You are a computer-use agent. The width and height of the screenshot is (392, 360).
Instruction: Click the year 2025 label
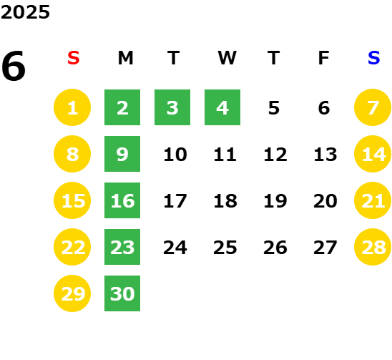click(25, 12)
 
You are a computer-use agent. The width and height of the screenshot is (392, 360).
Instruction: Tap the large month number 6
click(14, 66)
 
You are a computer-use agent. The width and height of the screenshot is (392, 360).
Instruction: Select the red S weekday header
click(74, 58)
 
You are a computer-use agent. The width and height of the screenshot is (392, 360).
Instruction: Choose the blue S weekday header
click(374, 58)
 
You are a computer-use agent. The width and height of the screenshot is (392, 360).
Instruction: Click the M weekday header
click(125, 58)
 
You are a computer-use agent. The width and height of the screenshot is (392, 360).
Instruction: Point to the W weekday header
click(227, 58)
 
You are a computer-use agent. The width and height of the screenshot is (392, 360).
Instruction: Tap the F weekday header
click(324, 58)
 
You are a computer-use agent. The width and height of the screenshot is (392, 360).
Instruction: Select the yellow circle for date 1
click(72, 107)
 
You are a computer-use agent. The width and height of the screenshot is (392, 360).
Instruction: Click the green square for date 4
click(222, 107)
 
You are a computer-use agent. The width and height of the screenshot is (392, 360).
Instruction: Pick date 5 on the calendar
click(274, 108)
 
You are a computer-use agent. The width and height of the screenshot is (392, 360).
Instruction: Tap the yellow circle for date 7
click(373, 107)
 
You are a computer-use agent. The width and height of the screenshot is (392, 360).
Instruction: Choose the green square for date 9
click(122, 154)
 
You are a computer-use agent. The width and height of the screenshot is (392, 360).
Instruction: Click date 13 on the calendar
click(325, 155)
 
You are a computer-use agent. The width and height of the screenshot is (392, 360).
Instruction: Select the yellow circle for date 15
click(72, 200)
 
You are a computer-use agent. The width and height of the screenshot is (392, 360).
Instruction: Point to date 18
click(225, 201)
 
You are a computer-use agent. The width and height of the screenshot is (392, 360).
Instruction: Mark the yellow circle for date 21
click(373, 200)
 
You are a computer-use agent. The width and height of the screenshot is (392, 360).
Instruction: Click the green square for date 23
click(122, 247)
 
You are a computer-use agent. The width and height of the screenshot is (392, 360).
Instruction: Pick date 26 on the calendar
click(275, 248)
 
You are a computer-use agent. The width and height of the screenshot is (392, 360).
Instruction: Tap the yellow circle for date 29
click(72, 293)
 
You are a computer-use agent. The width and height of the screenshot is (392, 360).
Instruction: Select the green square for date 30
click(122, 293)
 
